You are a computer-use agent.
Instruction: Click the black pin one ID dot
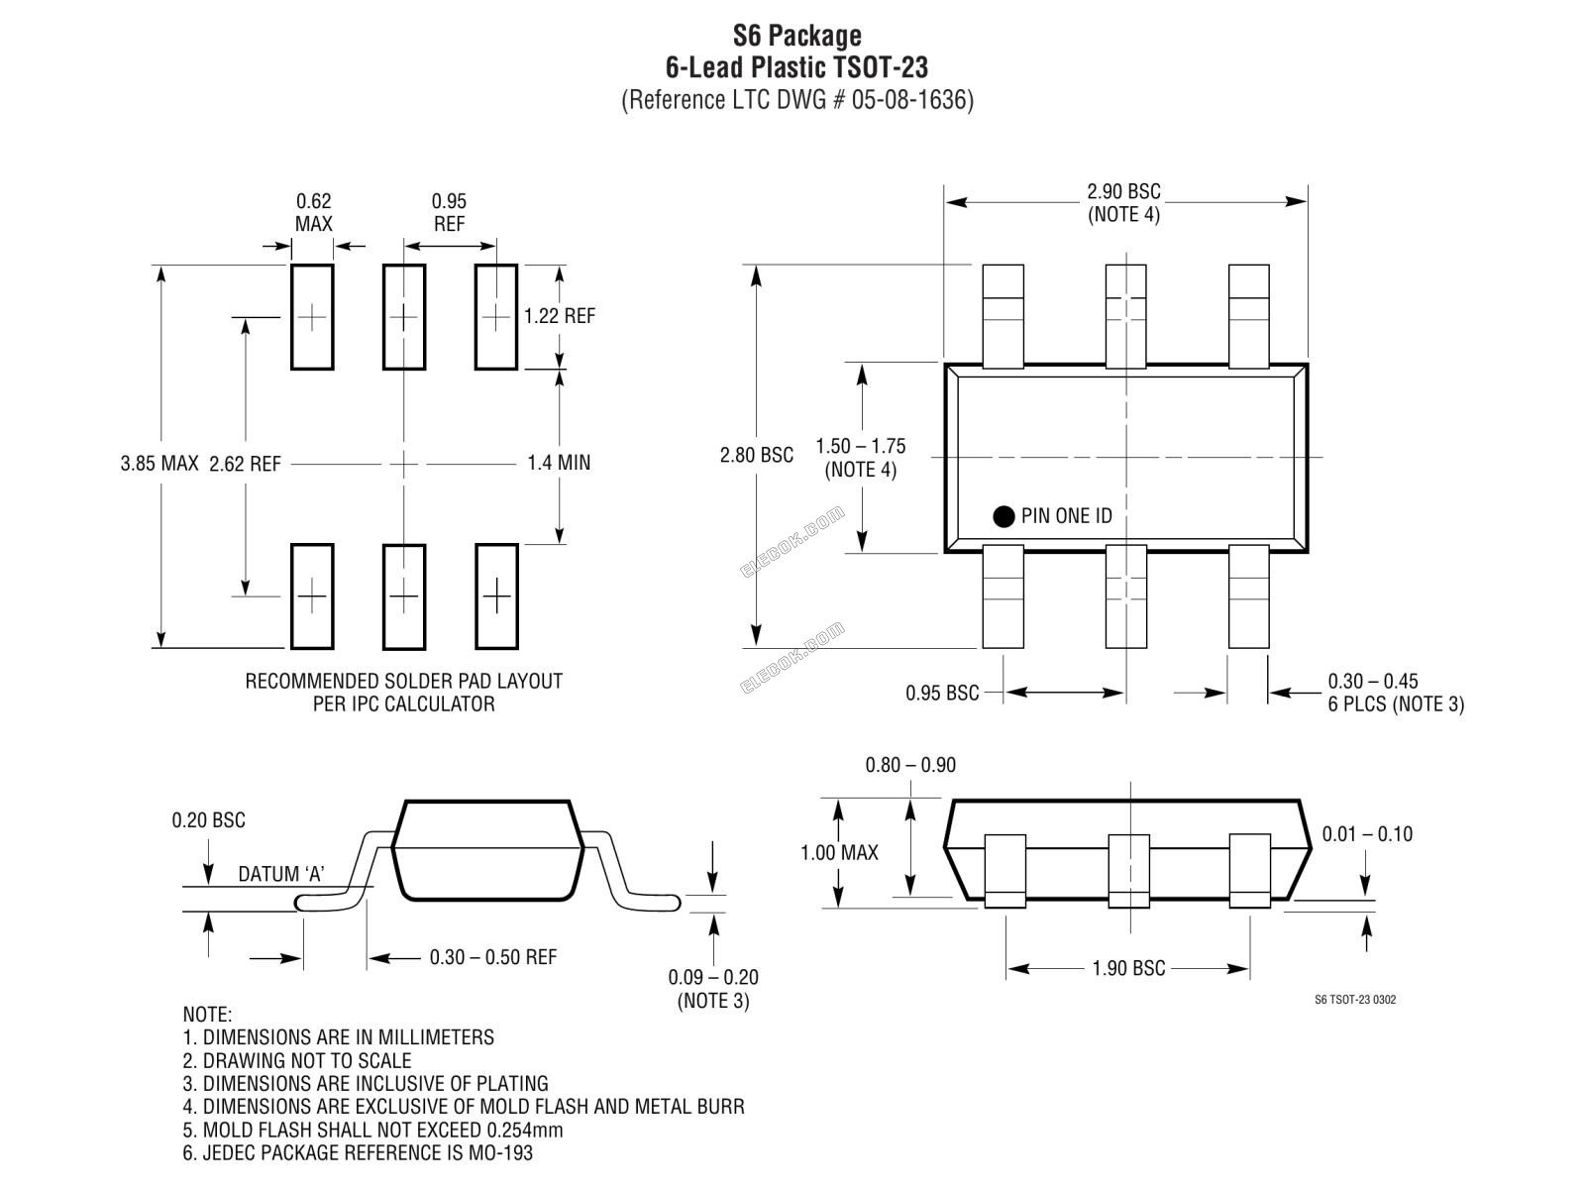[1004, 517]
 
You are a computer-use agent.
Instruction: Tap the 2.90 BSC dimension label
[1123, 192]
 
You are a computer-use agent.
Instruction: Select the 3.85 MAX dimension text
[158, 464]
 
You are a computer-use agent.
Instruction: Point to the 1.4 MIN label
[558, 463]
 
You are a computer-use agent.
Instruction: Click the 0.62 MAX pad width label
[313, 212]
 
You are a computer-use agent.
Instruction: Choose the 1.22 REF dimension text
[559, 316]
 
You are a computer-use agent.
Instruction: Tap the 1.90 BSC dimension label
[1128, 968]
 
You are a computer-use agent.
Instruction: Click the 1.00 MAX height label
[839, 853]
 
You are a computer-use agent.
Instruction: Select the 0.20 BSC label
[209, 820]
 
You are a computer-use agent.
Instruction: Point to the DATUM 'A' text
[281, 874]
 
